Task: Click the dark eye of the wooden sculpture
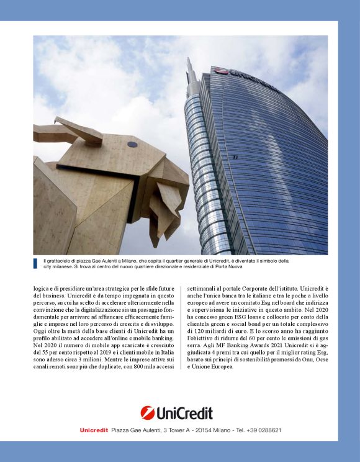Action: click(x=132, y=144)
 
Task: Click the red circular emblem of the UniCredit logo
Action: click(x=148, y=413)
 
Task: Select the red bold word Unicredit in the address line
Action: click(x=94, y=430)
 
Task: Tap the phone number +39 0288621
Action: click(x=261, y=430)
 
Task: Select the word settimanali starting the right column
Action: click(x=202, y=289)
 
